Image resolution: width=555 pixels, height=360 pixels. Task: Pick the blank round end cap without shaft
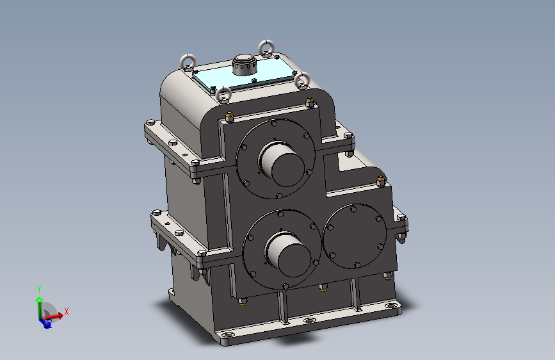(x=355, y=236)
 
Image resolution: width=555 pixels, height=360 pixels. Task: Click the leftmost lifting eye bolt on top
(x=188, y=62)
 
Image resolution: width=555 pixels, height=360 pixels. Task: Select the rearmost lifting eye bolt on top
(x=266, y=48)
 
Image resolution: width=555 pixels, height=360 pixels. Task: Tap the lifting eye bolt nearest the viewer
(x=223, y=95)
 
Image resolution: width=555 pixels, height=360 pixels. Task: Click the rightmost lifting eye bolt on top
(x=302, y=81)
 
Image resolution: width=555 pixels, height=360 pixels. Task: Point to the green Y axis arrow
(x=39, y=307)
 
